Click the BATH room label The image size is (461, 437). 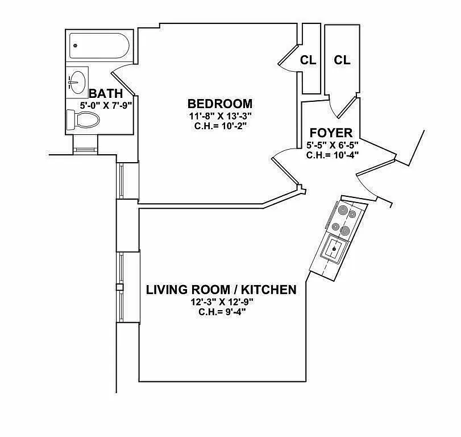tap(105, 93)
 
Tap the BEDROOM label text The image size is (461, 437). tap(219, 104)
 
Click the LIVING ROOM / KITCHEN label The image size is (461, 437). tap(221, 290)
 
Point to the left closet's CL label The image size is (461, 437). tap(308, 60)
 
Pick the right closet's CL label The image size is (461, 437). tap(342, 60)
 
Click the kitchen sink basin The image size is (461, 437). tap(333, 248)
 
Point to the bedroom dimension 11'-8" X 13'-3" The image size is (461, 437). tap(219, 116)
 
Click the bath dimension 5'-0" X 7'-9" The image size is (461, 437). tap(106, 105)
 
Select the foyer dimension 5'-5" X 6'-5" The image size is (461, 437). tap(332, 145)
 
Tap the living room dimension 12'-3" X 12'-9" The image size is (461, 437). tap(221, 302)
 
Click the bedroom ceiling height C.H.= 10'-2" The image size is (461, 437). tap(219, 125)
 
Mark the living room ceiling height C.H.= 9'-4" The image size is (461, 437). tap(221, 311)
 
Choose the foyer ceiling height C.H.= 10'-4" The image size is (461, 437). tap(332, 154)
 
